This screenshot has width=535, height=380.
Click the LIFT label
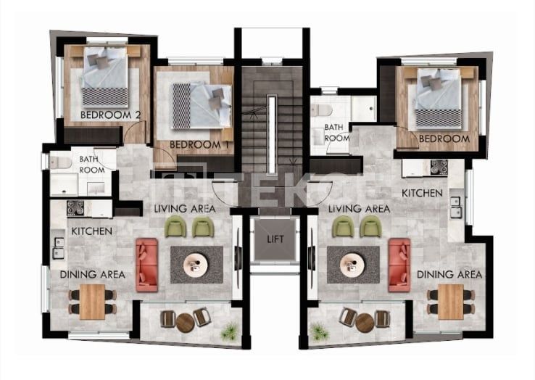275,239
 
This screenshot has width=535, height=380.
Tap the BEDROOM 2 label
110,115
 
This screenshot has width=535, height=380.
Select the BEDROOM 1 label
199,145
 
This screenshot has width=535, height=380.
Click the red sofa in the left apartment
146,265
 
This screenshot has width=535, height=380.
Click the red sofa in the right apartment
399,265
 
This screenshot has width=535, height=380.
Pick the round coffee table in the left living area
196,265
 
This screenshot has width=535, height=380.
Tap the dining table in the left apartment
92,302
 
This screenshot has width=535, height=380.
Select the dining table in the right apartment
451,302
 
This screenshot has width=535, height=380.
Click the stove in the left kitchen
75,208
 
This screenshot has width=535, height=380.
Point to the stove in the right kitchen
439,168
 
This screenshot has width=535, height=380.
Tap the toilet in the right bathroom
322,110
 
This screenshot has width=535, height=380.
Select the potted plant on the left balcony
229,331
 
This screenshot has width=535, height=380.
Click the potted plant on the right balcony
319,331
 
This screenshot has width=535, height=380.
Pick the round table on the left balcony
186,323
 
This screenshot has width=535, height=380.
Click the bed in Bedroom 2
105,77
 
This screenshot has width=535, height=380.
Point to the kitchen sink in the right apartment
455,207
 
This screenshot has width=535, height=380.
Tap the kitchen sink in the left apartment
58,248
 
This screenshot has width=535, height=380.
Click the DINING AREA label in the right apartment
449,275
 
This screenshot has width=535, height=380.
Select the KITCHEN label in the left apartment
92,231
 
